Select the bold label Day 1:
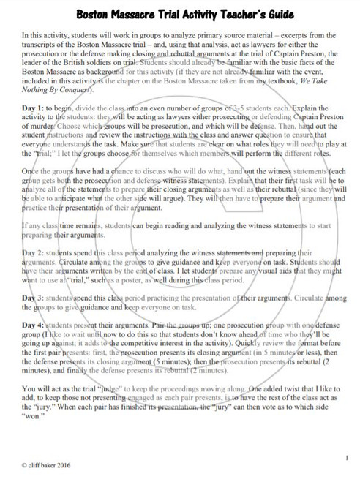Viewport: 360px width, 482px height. pos(36,109)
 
